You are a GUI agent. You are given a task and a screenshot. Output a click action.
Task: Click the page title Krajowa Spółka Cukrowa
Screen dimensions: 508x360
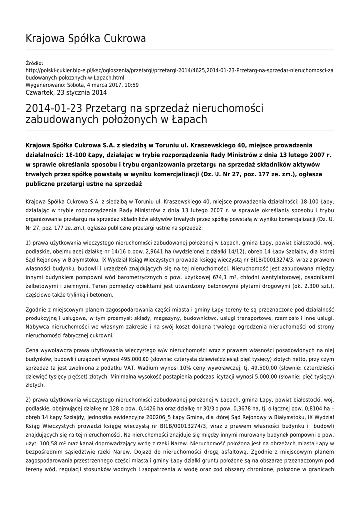[85, 38]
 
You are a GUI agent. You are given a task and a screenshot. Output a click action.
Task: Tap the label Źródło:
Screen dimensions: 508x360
[34, 63]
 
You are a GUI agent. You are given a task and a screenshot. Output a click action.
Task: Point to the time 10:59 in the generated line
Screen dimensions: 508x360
[132, 85]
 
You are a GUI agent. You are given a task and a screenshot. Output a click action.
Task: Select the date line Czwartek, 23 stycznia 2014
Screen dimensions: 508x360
[66, 92]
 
